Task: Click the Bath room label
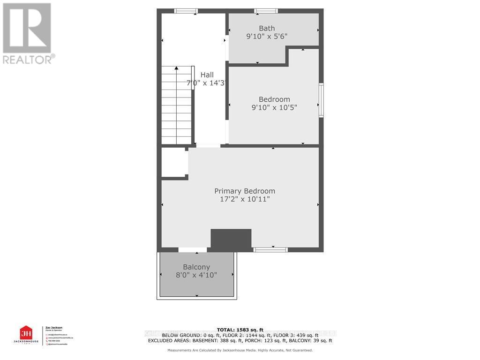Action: [267, 28]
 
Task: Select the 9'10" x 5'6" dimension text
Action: [267, 36]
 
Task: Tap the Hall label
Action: [207, 75]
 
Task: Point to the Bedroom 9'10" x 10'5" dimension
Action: [274, 107]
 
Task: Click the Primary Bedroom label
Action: [244, 191]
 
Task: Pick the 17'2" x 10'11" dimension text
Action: [244, 199]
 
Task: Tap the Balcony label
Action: [196, 267]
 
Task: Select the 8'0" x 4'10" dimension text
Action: [196, 275]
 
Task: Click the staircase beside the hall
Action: [177, 105]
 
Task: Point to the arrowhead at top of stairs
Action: [177, 68]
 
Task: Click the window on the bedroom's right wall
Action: [321, 100]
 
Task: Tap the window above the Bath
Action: [266, 11]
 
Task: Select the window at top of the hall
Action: [186, 11]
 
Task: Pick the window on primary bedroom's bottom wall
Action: [270, 250]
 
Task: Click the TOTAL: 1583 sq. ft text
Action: [240, 330]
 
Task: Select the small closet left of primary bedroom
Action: [174, 163]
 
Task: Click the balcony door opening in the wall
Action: [192, 250]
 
